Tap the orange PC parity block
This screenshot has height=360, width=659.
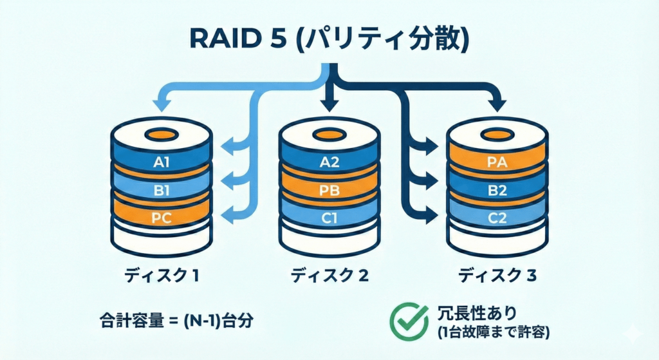pos(162,218)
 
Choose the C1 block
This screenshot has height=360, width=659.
pos(329,218)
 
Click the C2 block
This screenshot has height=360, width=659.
pos(498,218)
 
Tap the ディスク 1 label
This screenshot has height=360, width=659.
pos(161,276)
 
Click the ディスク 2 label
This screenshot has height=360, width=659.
pos(329,276)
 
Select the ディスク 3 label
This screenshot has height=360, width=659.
pos(497,276)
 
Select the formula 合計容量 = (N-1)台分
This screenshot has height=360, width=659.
pos(173,319)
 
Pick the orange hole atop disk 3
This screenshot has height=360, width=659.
pos(498,135)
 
